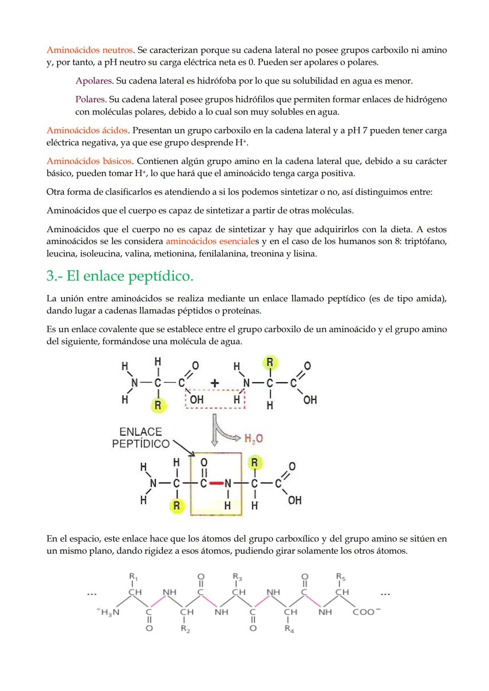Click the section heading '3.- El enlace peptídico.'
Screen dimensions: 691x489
[120, 276]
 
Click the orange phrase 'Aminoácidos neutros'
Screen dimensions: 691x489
[90, 50]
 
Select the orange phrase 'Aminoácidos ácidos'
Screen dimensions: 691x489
[87, 131]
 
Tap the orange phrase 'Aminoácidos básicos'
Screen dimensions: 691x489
[89, 162]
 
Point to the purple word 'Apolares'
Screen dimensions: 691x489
[94, 81]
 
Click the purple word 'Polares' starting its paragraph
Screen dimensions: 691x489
[91, 100]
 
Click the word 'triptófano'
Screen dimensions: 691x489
[426, 242]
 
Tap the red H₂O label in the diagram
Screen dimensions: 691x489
[254, 438]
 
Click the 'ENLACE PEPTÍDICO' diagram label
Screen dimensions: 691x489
[140, 438]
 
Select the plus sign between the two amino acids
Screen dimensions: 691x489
[215, 383]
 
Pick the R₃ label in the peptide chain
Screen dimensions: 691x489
[238, 577]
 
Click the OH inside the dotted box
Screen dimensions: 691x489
[197, 400]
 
